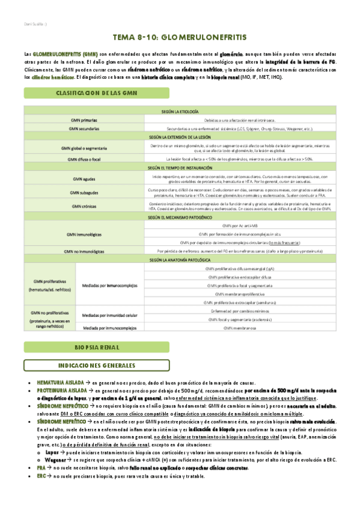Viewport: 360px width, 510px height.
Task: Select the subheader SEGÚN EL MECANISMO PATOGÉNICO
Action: point(180,216)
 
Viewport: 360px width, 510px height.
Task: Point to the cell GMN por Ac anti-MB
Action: point(240,224)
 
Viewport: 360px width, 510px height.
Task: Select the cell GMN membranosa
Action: point(240,328)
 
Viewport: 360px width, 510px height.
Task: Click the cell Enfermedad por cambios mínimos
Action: point(240,311)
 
